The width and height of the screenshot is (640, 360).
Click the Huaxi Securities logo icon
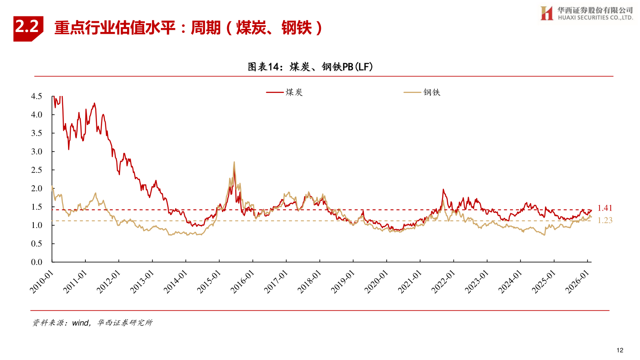click(x=547, y=13)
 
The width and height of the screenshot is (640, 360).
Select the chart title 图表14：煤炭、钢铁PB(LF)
click(x=310, y=67)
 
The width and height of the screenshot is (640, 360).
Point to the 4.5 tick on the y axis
click(x=37, y=96)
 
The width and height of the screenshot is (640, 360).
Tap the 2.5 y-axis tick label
click(x=37, y=170)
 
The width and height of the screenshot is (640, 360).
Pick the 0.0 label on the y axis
click(x=37, y=262)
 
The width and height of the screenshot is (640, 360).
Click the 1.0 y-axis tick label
click(x=37, y=225)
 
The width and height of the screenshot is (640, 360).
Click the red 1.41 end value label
click(x=605, y=208)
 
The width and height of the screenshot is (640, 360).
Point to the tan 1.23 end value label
click(x=605, y=220)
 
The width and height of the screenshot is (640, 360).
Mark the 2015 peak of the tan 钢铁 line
click(x=234, y=162)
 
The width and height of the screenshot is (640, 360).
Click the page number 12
click(x=620, y=350)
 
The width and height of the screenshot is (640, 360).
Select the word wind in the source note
click(x=80, y=323)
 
